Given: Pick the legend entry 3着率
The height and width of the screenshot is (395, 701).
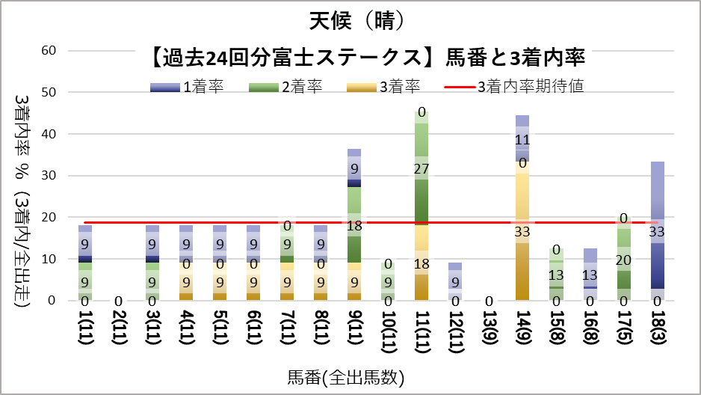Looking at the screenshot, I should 401,88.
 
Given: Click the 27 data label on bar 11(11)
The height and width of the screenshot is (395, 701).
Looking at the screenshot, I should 421,169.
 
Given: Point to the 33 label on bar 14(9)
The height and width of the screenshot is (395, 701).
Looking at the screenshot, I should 522,232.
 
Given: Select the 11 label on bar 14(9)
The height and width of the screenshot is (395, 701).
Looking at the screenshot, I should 522,139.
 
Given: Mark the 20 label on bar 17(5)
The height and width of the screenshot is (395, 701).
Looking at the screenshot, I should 623,260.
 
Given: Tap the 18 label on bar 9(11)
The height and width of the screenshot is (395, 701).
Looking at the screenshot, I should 354,225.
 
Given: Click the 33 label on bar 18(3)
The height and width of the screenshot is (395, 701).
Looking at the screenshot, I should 658,232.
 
